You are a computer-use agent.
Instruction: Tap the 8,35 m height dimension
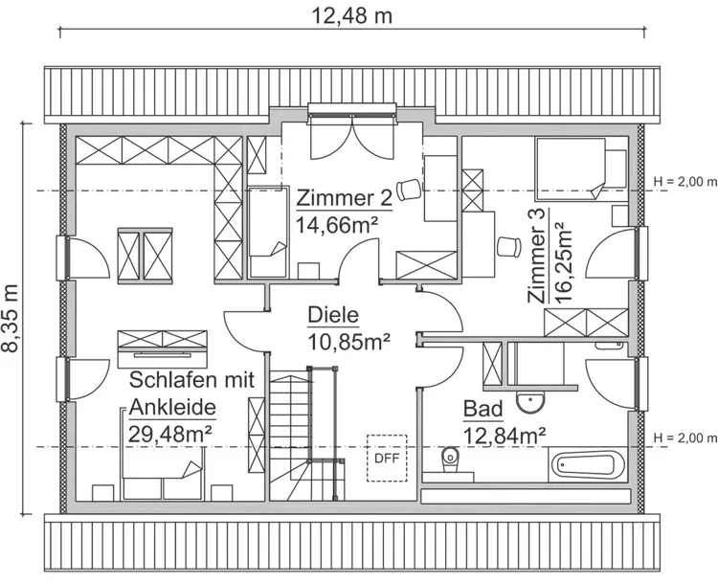(x=12, y=318)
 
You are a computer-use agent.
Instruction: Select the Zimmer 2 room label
(x=344, y=198)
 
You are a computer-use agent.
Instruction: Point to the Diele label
(x=332, y=315)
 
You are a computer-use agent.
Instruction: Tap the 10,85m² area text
(x=348, y=340)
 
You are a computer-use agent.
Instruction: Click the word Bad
(x=482, y=410)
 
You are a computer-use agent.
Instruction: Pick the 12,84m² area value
(x=505, y=436)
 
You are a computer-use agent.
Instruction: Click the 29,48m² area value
(x=169, y=432)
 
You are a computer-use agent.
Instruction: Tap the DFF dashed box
(x=387, y=456)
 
